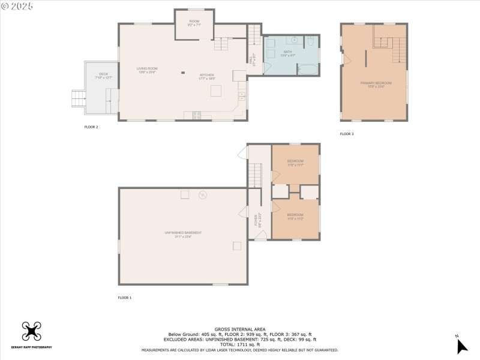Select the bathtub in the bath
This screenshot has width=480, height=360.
tap(307, 69)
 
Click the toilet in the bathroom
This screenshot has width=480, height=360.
tap(311, 41)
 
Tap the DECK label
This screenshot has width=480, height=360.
tap(104, 76)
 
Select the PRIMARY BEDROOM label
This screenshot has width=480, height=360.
tap(376, 83)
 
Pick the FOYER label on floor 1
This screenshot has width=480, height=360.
tap(256, 220)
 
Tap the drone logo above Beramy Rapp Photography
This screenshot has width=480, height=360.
tap(31, 331)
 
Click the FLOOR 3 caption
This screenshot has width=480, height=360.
tap(347, 134)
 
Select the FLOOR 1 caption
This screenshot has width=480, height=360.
tap(124, 298)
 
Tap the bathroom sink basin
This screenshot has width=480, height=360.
tap(294, 40)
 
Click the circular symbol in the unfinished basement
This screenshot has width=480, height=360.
tap(203, 194)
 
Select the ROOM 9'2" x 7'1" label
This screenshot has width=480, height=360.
tap(194, 23)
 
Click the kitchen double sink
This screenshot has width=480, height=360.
tap(242, 96)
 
